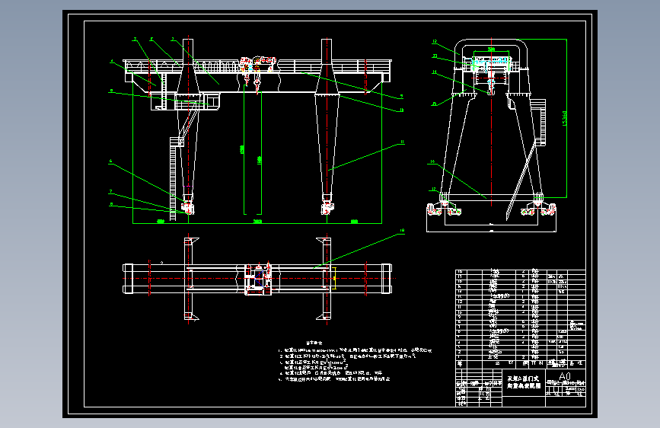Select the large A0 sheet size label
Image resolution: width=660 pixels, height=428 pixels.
click(x=564, y=376)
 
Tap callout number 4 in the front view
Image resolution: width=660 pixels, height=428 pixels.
click(x=111, y=62)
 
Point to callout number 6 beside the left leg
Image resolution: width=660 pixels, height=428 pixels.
click(x=111, y=161)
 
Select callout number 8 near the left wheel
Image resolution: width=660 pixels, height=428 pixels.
click(x=111, y=204)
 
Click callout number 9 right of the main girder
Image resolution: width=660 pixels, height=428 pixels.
click(x=402, y=96)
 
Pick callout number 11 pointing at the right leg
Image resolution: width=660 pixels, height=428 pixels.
click(x=402, y=142)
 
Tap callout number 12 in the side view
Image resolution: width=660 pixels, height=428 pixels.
click(x=433, y=41)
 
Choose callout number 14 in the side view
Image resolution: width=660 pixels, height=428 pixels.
click(x=433, y=73)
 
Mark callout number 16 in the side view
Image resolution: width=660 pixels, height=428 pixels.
click(x=432, y=162)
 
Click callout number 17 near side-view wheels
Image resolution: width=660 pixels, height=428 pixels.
click(x=432, y=190)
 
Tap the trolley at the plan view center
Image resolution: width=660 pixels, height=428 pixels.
click(x=258, y=278)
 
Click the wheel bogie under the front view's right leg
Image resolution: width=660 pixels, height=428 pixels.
click(x=328, y=206)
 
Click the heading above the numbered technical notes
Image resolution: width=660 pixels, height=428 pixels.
click(x=315, y=342)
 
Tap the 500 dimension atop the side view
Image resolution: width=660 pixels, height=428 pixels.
click(x=491, y=49)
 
